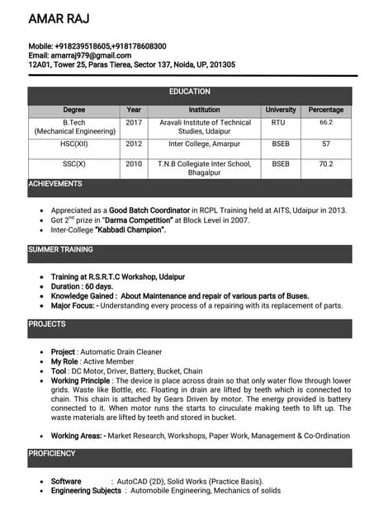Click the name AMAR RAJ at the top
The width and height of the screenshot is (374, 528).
tap(59, 18)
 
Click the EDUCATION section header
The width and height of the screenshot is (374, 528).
tap(189, 92)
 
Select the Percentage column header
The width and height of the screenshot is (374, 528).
tap(325, 110)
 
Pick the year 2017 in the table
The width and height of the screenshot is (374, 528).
tap(134, 122)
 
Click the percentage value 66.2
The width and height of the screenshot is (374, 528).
tap(325, 122)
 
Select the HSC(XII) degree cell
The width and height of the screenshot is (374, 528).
tap(73, 144)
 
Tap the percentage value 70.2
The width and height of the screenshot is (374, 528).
tap(325, 164)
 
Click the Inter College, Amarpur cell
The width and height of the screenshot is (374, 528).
tap(204, 144)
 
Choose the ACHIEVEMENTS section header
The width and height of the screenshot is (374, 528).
tap(55, 184)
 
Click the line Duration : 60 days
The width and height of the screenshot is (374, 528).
tap(82, 286)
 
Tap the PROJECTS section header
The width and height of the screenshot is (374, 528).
tap(47, 324)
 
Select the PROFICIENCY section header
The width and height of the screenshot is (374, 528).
tap(52, 454)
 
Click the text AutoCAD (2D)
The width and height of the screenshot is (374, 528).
tap(144, 481)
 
